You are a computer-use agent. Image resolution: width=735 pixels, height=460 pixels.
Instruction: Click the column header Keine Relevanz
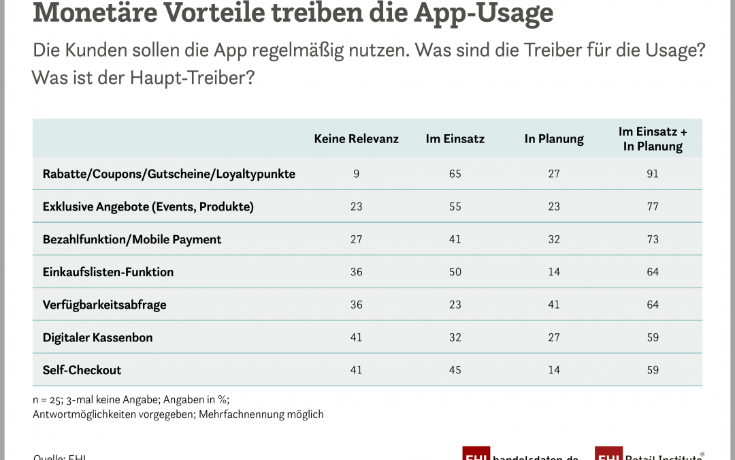(x=356, y=138)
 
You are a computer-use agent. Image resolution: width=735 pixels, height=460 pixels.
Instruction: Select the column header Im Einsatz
(x=455, y=138)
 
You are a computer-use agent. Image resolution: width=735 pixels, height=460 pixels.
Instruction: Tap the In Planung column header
(x=554, y=138)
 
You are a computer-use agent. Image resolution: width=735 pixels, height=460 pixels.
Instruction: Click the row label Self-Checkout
(x=82, y=370)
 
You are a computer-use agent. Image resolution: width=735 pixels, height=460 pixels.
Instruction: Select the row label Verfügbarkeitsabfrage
(x=104, y=305)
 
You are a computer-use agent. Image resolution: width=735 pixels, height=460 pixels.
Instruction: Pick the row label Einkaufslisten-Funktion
(x=108, y=272)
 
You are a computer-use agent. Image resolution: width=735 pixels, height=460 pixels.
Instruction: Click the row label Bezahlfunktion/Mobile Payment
(x=132, y=239)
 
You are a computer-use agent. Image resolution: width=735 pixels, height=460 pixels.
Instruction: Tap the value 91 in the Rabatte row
(x=653, y=174)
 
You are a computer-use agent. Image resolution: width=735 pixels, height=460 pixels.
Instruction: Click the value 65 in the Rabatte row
(x=455, y=174)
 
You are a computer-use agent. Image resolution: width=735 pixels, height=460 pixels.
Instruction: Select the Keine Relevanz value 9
(x=356, y=174)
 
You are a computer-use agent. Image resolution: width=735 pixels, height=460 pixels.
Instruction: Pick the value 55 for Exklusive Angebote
(x=455, y=206)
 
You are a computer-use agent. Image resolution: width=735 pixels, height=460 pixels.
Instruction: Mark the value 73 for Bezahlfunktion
(x=653, y=239)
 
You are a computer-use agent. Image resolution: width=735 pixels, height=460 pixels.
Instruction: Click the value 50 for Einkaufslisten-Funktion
(x=455, y=272)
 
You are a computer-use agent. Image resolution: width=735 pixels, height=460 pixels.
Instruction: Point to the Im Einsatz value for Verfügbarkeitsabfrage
(x=455, y=305)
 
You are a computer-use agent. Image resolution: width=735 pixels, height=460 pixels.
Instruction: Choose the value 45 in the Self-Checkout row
(x=455, y=370)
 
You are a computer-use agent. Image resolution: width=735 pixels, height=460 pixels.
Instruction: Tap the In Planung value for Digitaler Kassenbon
(x=554, y=337)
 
